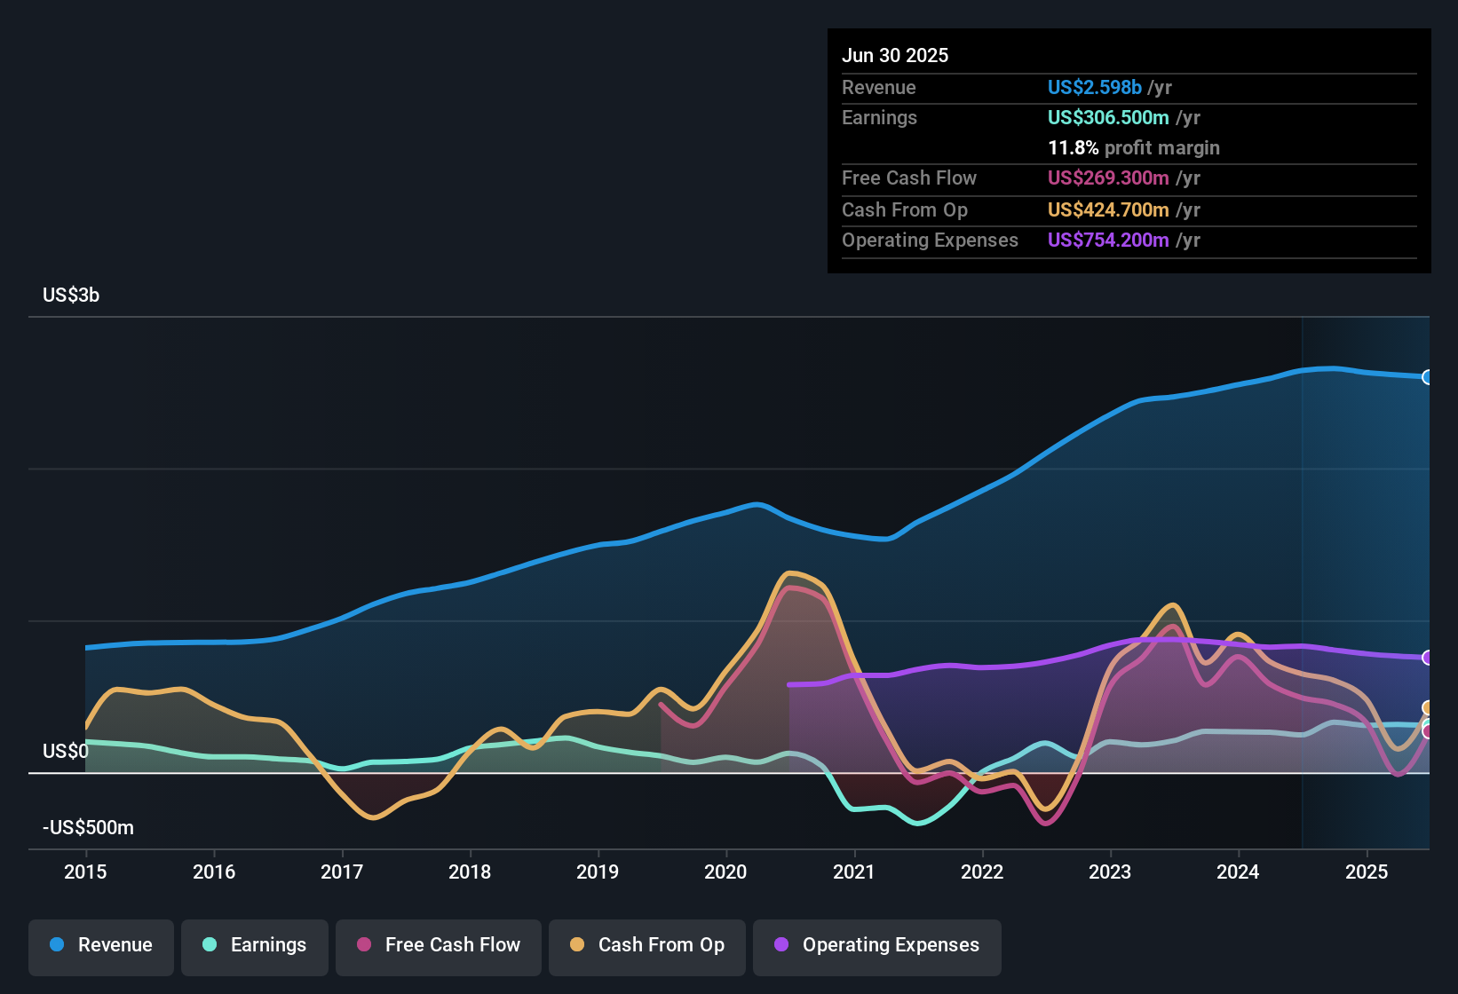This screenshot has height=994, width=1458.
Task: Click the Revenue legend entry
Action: [x=101, y=945]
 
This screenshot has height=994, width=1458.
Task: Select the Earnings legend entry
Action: [x=255, y=945]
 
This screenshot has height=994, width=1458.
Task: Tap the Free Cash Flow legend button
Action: [x=439, y=945]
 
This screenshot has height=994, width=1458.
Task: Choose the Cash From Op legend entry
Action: [x=647, y=945]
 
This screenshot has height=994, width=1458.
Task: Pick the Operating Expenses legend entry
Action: [x=877, y=945]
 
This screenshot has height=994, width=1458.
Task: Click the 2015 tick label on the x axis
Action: [x=85, y=872]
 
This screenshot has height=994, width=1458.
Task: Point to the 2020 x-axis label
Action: [x=725, y=872]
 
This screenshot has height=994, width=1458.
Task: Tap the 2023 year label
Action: [x=1110, y=872]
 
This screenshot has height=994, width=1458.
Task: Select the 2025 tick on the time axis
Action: [x=1367, y=872]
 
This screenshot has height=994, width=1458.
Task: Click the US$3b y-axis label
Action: [x=71, y=296]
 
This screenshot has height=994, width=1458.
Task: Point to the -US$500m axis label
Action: [x=88, y=828]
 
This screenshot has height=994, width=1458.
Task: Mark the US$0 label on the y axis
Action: [x=66, y=752]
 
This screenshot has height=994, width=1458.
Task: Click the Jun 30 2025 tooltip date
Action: [x=895, y=56]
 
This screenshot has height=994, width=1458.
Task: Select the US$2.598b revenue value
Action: [x=1095, y=88]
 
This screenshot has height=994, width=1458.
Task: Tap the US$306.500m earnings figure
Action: [x=1108, y=118]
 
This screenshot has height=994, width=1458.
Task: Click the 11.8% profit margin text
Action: [x=1134, y=148]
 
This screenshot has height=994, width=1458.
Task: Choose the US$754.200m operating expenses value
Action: [x=1108, y=241]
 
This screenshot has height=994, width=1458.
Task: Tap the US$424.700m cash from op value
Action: [x=1108, y=210]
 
